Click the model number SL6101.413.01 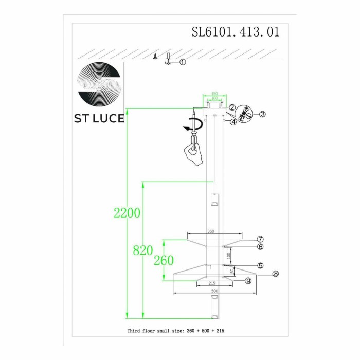coord(236,32)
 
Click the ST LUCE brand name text coord(99,118)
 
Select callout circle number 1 coord(183,62)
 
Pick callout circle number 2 coord(232,107)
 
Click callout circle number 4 coord(233,122)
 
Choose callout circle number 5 coord(261,266)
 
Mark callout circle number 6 coord(261,247)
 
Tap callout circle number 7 coord(261,239)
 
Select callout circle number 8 coord(276,274)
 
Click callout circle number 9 coord(248,281)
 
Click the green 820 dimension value coord(142,251)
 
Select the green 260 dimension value coord(164,261)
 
